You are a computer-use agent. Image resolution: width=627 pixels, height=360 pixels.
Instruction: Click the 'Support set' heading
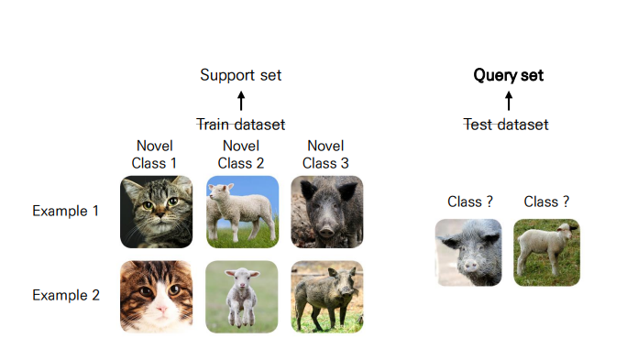pos(240,75)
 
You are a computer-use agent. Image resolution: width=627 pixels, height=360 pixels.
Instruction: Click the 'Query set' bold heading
pos(508,75)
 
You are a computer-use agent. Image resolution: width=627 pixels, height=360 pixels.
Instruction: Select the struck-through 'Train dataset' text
pos(240,124)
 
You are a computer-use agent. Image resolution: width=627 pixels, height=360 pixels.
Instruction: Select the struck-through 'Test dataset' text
pos(506,124)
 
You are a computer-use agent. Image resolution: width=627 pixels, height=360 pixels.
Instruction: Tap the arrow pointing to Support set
pos(241,100)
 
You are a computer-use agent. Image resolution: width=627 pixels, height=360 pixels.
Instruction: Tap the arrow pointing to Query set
pos(508,100)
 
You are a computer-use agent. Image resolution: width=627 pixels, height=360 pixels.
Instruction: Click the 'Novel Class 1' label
pos(155,154)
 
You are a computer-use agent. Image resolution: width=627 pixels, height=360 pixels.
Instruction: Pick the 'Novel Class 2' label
pos(240,154)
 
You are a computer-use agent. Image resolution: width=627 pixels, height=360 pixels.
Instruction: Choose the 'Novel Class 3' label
pos(325,154)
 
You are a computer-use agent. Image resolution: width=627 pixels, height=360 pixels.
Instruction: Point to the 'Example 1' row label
pos(65,211)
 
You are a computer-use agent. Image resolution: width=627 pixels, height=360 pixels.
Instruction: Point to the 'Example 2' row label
pos(65,295)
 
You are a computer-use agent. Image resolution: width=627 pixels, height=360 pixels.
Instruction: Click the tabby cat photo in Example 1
pos(156,212)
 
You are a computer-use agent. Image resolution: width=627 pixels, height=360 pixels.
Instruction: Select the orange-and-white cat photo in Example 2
pos(156,297)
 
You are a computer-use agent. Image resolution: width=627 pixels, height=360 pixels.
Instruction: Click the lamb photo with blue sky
pos(242,212)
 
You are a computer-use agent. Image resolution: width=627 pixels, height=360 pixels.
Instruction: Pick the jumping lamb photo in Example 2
pos(242,297)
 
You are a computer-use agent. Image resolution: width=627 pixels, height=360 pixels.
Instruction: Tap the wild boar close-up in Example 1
pos(327,212)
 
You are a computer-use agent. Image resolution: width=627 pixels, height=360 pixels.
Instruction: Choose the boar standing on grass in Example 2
pos(327,297)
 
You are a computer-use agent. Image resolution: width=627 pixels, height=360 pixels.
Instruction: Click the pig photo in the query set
pos(468,252)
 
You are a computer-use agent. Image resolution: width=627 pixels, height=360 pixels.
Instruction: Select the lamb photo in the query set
pos(546,252)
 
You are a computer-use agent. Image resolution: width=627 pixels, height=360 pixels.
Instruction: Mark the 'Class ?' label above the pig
pos(469,202)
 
